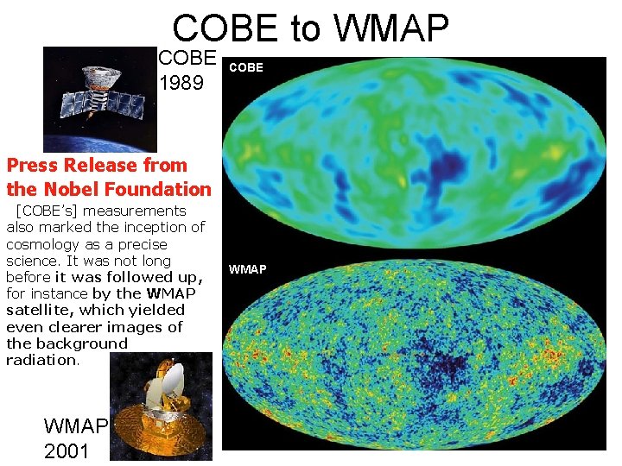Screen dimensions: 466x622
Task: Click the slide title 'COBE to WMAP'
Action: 310,28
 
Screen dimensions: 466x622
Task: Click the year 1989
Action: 182,84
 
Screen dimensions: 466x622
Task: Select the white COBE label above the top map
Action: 246,67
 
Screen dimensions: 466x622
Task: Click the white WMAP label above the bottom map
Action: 248,270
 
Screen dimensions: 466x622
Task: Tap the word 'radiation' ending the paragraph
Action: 42,360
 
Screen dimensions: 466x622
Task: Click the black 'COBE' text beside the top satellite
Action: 187,58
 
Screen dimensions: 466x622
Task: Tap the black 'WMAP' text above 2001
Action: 75,426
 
